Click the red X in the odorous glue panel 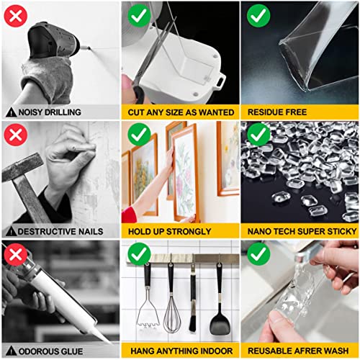[x=16, y=254]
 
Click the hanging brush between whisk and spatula [x=193, y=302]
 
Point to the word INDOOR [x=215, y=351]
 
